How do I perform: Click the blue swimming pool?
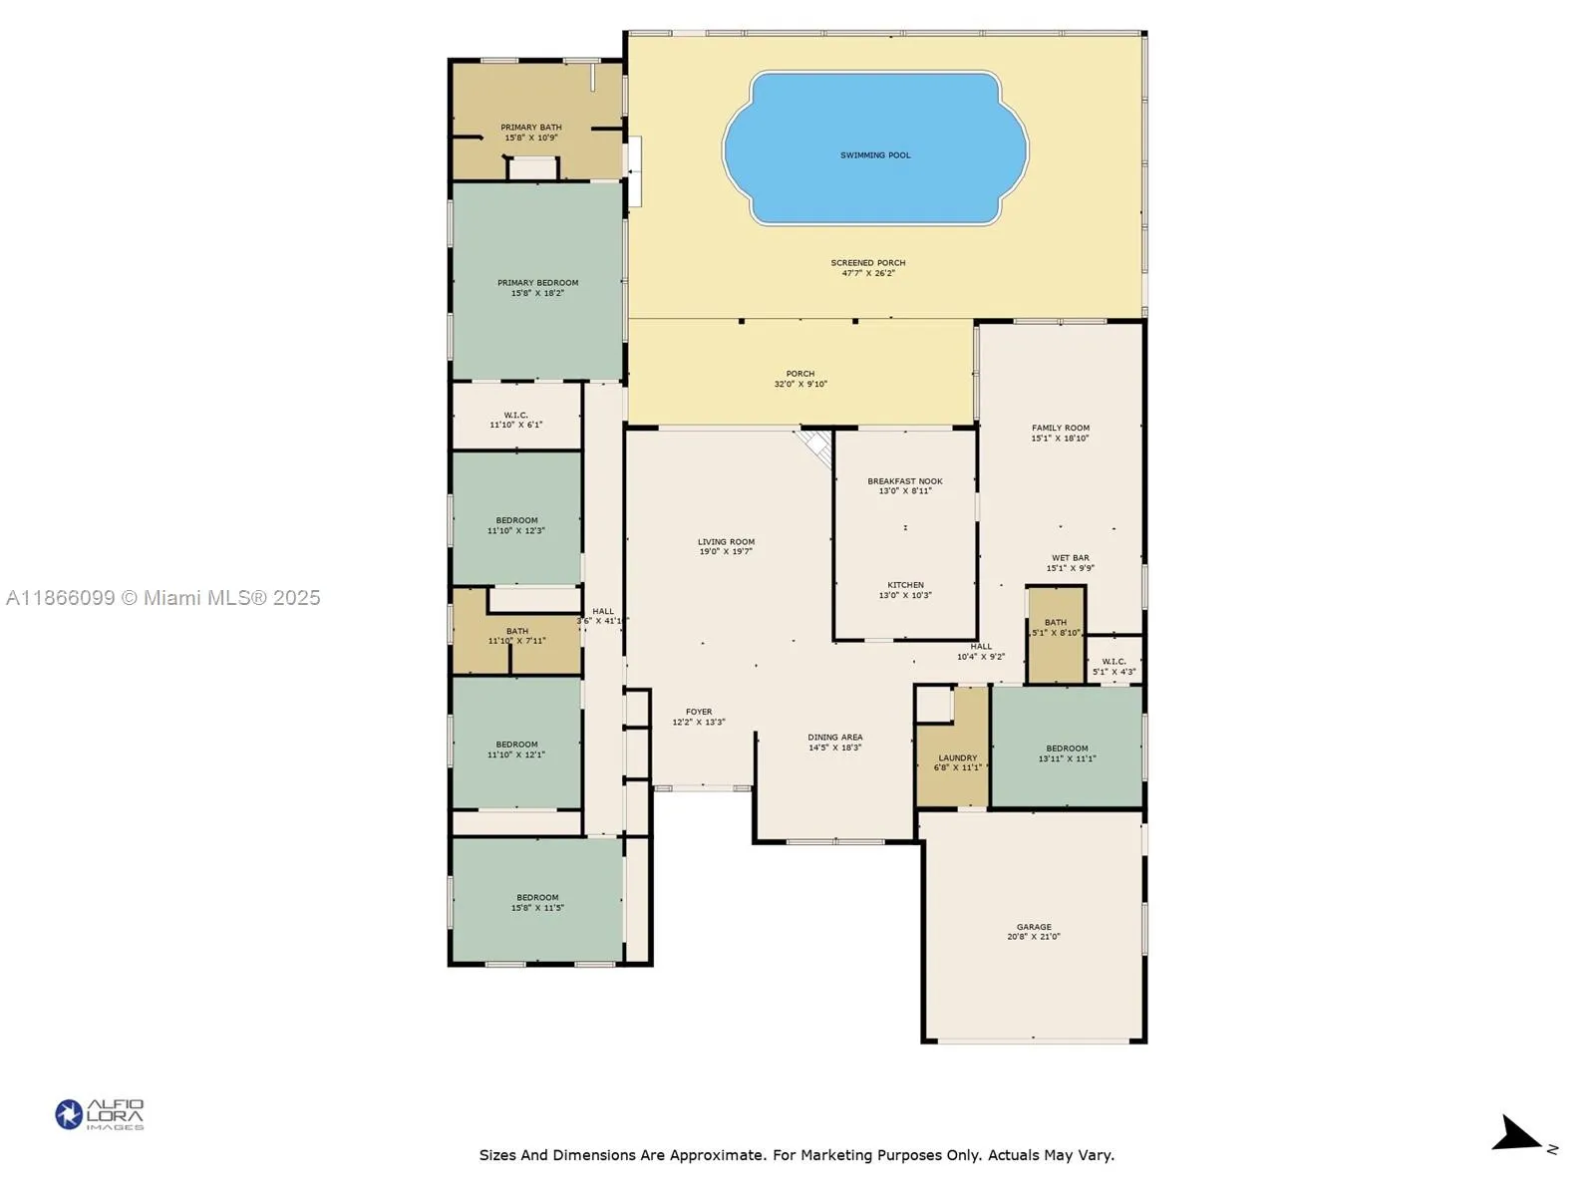tap(875, 149)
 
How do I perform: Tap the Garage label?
tap(1034, 927)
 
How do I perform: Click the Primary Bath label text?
tap(530, 128)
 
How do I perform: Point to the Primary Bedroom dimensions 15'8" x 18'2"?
tap(537, 294)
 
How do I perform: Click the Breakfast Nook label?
tap(904, 481)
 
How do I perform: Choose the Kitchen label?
tap(905, 585)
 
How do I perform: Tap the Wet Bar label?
tap(1070, 558)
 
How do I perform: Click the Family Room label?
tap(1060, 428)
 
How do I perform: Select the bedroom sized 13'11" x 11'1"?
tap(1067, 753)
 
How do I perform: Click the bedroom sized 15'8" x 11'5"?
tap(537, 902)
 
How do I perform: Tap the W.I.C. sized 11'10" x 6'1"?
tap(515, 420)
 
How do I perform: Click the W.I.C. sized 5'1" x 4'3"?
tap(1114, 667)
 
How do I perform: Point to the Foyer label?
tap(698, 712)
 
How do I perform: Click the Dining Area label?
tap(834, 738)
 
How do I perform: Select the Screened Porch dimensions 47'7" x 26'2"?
tap(868, 273)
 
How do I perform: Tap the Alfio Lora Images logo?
tap(99, 1114)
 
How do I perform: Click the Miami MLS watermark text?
tap(162, 598)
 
